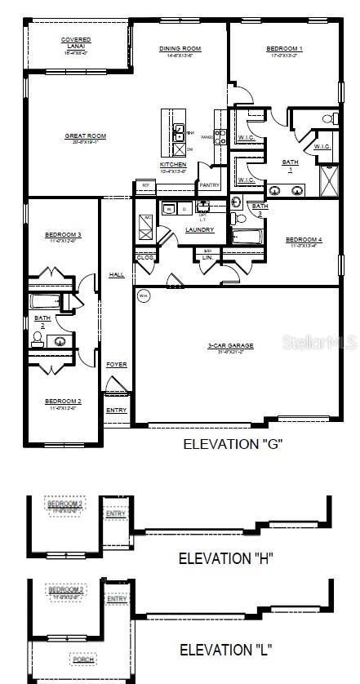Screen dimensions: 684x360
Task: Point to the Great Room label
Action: point(86,136)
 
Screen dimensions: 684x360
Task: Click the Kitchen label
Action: point(173,165)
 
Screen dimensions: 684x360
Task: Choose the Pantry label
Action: point(209,185)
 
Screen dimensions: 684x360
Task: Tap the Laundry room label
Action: point(199,230)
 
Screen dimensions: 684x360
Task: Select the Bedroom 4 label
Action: point(304,240)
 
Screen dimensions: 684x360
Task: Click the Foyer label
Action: point(116,365)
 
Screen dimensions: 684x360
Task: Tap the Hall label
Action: point(116,275)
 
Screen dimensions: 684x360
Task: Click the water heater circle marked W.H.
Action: point(144,295)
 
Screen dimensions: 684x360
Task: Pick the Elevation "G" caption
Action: point(233,444)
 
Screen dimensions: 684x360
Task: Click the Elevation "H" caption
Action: point(226,558)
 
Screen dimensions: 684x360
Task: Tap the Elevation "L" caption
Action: point(225,651)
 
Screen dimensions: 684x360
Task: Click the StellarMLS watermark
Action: point(320,344)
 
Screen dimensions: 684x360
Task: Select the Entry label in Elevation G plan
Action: point(116,410)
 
